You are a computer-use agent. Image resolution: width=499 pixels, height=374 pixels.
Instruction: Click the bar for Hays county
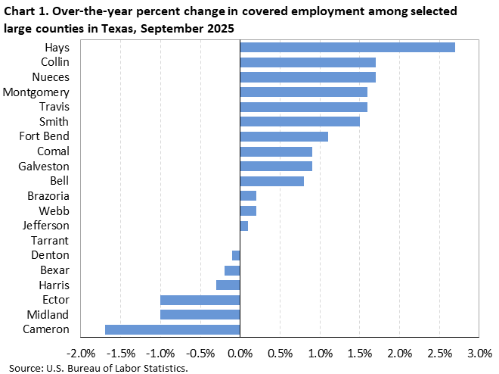click(x=347, y=47)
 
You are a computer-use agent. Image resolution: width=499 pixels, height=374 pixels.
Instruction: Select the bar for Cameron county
click(x=172, y=329)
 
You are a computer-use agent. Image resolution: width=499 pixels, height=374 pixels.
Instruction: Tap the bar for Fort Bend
click(x=284, y=136)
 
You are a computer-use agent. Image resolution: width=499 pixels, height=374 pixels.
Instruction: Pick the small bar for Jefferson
click(x=243, y=226)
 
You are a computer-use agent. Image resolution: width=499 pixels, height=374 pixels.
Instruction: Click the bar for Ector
click(x=200, y=300)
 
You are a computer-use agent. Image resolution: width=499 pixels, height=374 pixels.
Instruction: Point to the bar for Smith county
click(x=299, y=121)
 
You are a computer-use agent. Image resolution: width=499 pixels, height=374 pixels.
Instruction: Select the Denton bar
click(x=236, y=255)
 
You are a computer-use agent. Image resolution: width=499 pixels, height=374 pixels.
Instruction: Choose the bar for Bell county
click(x=271, y=181)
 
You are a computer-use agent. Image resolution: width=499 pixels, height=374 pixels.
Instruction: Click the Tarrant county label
click(x=50, y=241)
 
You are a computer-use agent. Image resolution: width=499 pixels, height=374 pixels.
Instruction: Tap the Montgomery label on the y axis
click(x=36, y=92)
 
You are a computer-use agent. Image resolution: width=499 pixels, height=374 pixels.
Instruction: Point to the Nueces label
click(x=51, y=76)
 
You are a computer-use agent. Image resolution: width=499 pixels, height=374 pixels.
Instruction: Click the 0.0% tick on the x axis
click(x=240, y=354)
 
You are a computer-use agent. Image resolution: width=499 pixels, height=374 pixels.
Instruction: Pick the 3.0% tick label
click(x=479, y=354)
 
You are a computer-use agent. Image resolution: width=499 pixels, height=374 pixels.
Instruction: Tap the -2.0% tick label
click(x=80, y=354)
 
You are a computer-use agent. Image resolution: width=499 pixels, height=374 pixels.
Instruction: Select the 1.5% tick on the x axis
click(x=360, y=354)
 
